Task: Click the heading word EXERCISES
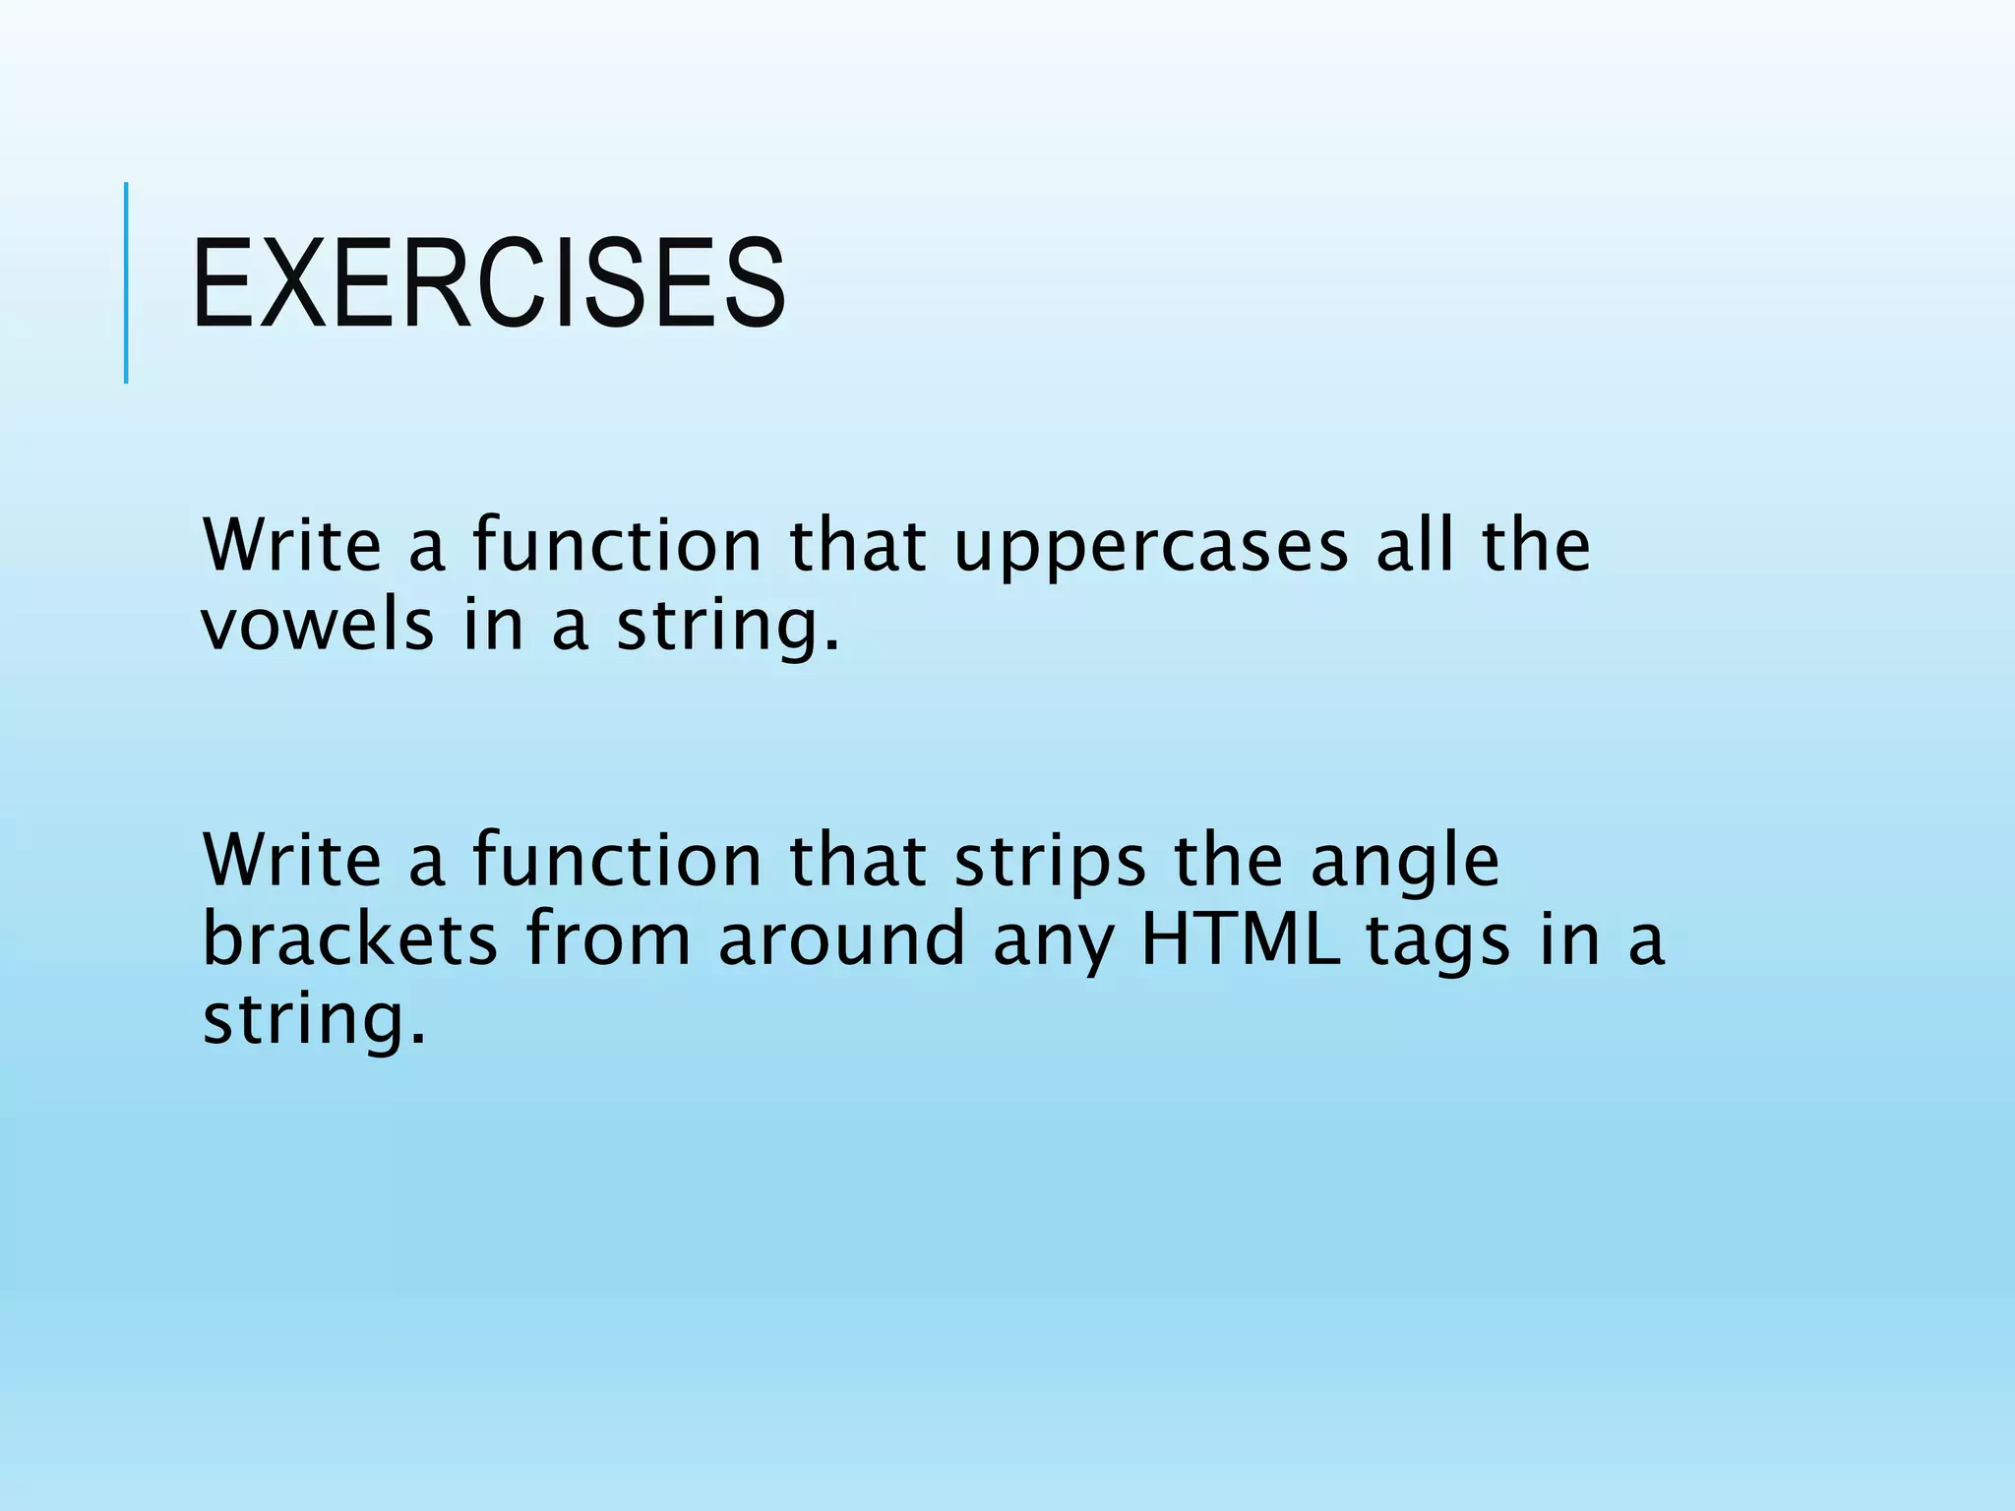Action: pos(489,283)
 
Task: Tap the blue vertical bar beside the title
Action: pos(126,282)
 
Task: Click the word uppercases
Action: pos(1151,547)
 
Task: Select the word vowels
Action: pos(317,626)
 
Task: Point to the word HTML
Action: pos(1241,938)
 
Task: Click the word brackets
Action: pos(349,938)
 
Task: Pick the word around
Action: pos(841,938)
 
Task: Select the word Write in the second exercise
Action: pos(291,860)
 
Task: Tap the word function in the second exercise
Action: pos(617,860)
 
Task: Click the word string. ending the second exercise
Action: pos(315,1019)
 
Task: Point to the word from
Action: pos(608,938)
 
